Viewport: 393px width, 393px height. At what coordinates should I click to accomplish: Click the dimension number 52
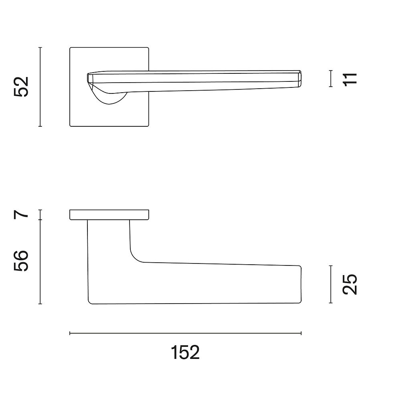click(21, 87)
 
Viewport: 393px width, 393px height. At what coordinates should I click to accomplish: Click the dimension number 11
click(350, 80)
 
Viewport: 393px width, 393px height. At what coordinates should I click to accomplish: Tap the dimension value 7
click(21, 215)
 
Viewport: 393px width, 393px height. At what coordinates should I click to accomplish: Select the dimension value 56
click(21, 261)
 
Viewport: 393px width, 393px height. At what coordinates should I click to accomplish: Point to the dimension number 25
click(350, 284)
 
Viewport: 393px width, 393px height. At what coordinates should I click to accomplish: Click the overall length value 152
click(185, 352)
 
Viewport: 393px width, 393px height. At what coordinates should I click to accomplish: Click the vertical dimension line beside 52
click(40, 87)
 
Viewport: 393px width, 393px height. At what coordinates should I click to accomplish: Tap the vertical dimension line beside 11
click(331, 79)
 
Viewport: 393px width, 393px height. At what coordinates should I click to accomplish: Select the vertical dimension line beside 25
click(331, 284)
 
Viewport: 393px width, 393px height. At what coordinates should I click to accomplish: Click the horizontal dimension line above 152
click(185, 333)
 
